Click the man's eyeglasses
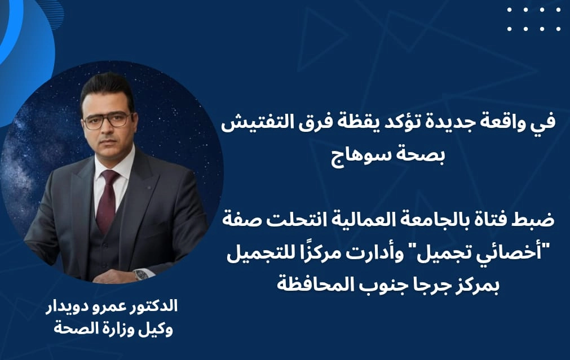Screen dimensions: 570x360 [x=108, y=121]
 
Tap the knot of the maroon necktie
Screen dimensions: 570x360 [x=109, y=177]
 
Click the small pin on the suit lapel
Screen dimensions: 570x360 [x=148, y=188]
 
